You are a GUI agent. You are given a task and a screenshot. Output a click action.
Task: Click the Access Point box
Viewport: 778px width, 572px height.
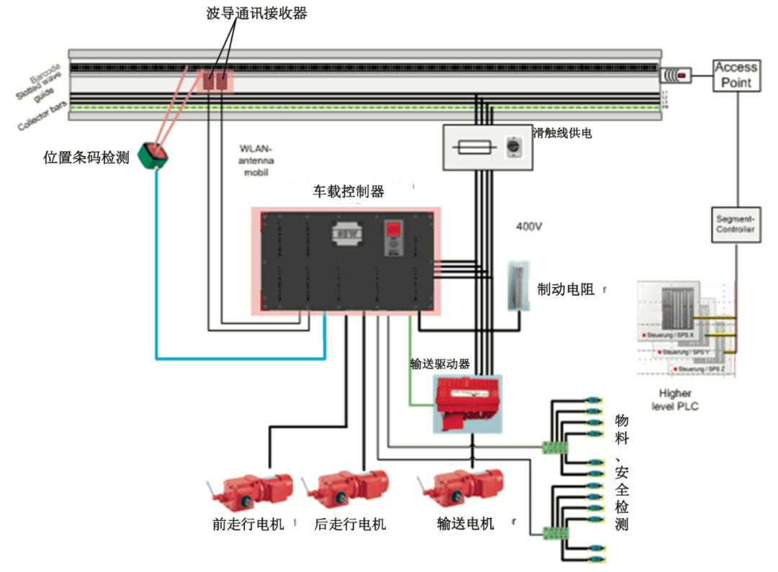736,75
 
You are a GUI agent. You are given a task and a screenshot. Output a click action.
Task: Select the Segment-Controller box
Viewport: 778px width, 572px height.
735,224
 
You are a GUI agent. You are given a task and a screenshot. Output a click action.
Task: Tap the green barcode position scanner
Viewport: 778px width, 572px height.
153,153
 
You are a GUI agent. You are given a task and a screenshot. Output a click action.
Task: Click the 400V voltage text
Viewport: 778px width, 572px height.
528,227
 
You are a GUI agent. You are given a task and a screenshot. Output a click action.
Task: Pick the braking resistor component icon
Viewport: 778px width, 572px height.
517,286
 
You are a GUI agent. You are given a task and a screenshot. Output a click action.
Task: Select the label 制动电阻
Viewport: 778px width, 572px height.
566,289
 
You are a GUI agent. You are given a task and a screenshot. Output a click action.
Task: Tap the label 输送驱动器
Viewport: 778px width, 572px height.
439,363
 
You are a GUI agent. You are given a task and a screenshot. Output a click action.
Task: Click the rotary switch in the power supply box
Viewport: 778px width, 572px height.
514,146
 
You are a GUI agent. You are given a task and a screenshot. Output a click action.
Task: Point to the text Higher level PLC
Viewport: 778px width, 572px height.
675,400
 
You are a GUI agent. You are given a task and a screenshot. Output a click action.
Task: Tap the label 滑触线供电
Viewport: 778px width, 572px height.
563,132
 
